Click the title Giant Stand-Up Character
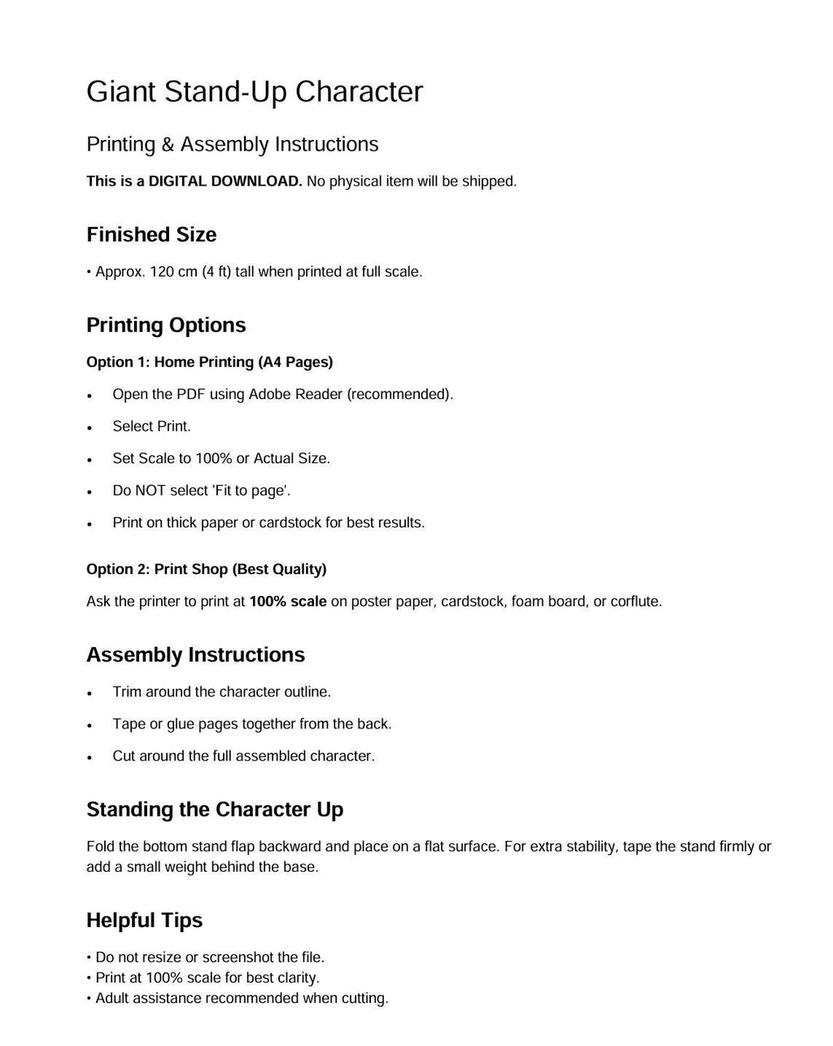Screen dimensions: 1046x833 point(255,92)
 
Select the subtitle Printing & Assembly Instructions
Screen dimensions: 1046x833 point(232,144)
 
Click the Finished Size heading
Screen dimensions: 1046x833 point(151,234)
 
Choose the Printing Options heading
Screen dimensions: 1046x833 point(166,325)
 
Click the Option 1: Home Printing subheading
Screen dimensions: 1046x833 point(209,361)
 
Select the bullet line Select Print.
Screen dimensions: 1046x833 point(151,426)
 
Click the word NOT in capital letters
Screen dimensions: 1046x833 point(149,490)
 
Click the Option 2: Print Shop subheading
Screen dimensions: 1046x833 point(206,569)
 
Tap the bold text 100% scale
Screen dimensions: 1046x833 point(288,602)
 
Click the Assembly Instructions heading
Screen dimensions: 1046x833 point(195,654)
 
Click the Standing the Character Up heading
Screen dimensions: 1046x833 point(215,809)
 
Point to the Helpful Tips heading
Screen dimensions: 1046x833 point(144,920)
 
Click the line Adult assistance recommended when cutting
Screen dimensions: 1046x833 point(242,998)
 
